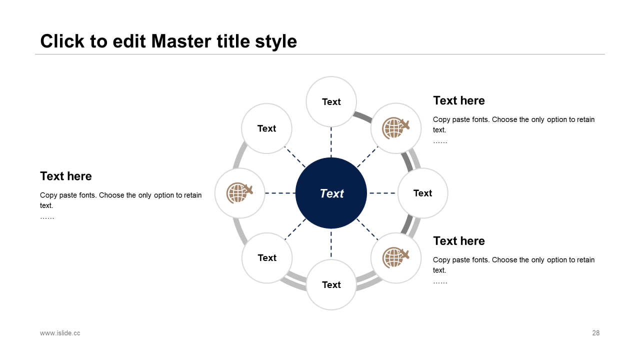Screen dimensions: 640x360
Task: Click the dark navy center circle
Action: [331, 193]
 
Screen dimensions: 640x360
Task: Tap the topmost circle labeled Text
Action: [331, 101]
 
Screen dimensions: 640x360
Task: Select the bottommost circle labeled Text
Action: [331, 284]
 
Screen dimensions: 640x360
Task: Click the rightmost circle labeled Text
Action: [423, 193]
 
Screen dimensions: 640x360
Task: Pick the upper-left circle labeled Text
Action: [266, 128]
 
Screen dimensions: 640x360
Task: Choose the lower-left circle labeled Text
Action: [267, 257]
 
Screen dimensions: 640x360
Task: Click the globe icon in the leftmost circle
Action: [239, 193]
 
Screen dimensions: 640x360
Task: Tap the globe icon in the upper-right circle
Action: [395, 128]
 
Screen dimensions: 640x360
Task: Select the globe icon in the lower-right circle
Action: [395, 257]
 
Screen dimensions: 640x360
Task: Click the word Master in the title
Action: [181, 41]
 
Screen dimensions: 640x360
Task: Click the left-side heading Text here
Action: [66, 176]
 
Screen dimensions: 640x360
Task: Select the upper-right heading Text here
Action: [459, 100]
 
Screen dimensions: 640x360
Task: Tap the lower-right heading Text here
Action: [459, 241]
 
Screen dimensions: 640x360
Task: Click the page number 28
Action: [595, 333]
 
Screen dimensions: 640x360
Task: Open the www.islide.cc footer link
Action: [60, 333]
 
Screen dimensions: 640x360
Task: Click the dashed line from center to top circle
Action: [331, 142]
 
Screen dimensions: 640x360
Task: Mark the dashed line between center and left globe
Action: [280, 193]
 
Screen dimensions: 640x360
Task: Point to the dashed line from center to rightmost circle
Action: [382, 193]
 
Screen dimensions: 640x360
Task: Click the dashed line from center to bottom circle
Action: [331, 244]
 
